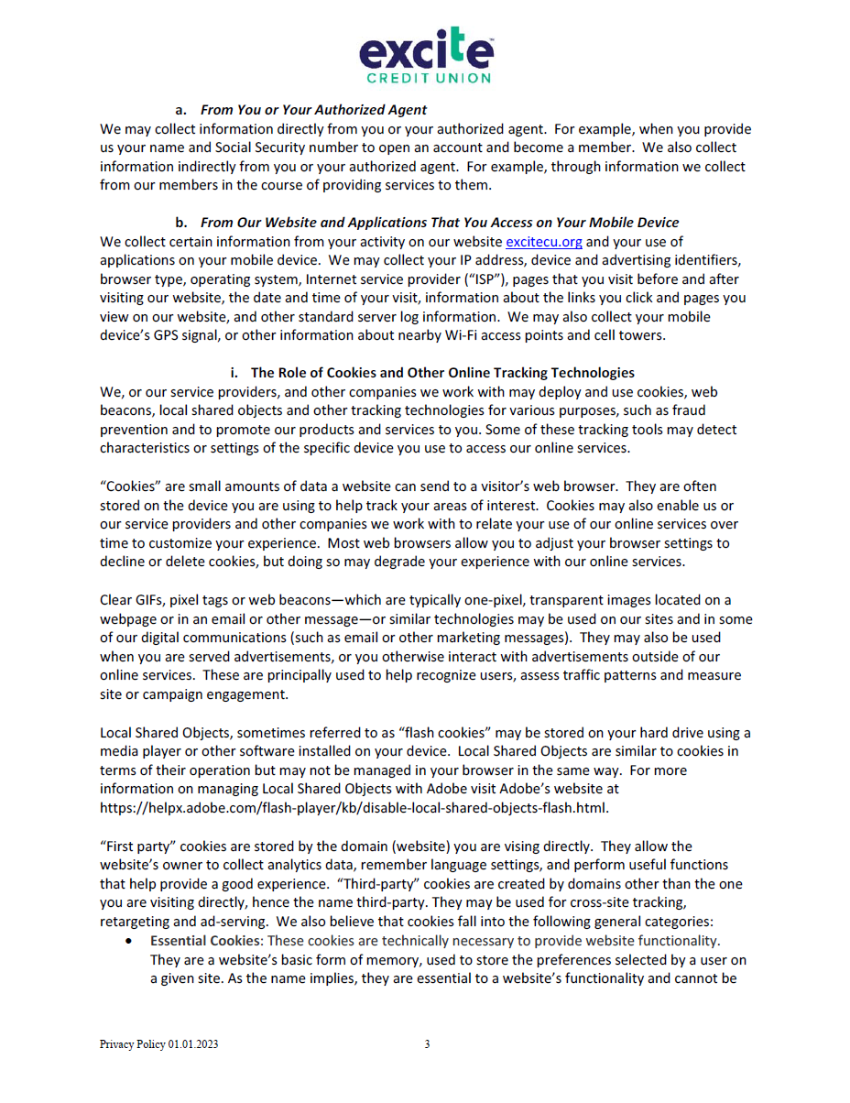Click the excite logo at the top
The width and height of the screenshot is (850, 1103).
pyautogui.click(x=426, y=49)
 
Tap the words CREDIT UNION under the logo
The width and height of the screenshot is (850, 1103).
pyautogui.click(x=426, y=79)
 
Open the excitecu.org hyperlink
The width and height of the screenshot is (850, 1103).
pyautogui.click(x=544, y=242)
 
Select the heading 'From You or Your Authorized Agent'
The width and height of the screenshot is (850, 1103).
pyautogui.click(x=314, y=110)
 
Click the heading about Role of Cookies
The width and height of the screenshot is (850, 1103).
pyautogui.click(x=442, y=373)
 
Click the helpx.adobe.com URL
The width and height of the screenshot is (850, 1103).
pyautogui.click(x=354, y=808)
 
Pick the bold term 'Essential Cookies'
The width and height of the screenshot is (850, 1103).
pyautogui.click(x=195, y=941)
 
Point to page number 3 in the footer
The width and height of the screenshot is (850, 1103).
pyautogui.click(x=427, y=1044)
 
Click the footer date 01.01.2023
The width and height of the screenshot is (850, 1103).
pyautogui.click(x=193, y=1044)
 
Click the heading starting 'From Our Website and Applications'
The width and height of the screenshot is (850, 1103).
pyautogui.click(x=440, y=223)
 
